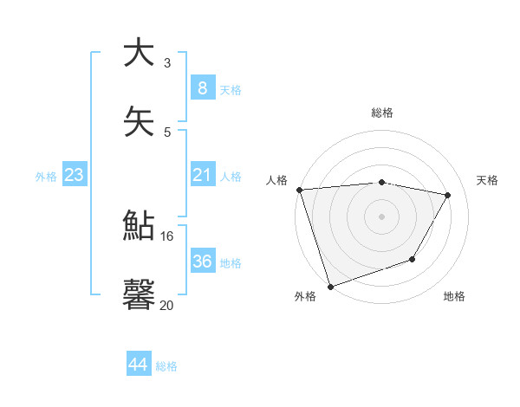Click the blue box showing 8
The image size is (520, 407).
coord(202,87)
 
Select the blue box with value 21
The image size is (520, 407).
coord(202,175)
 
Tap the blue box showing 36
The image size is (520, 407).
coord(202,262)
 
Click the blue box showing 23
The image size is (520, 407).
coord(74,175)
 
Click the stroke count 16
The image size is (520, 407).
coord(167,236)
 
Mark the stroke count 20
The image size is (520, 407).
coord(166,305)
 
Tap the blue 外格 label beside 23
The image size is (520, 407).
coord(46,177)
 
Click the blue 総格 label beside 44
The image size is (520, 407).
coord(166,366)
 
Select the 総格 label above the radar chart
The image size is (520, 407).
coord(382,113)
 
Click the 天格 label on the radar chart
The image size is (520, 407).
coord(488,180)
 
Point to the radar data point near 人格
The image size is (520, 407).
coord(299,190)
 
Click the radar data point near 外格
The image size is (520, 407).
coord(330,285)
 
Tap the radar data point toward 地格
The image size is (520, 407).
coord(413,259)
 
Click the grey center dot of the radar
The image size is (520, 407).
coord(382,216)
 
